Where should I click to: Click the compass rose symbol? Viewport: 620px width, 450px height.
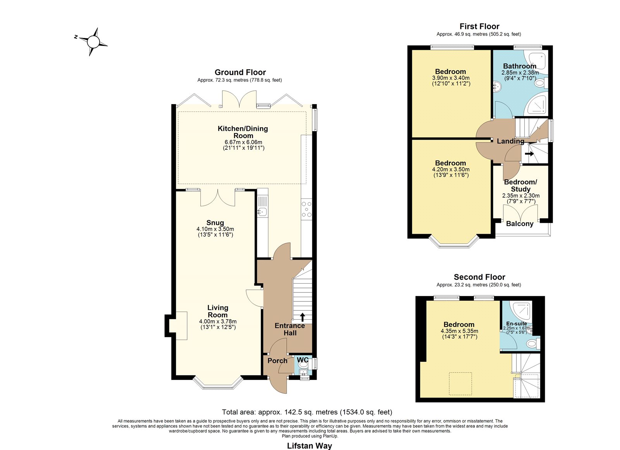[93, 42]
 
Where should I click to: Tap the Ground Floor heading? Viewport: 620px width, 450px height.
[240, 72]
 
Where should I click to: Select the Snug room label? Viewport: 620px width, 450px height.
[215, 223]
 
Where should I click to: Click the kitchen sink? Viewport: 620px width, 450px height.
[262, 212]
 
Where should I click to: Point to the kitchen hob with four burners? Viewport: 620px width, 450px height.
[307, 209]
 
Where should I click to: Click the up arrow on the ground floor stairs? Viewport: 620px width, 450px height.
[303, 317]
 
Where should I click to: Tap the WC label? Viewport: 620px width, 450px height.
[303, 360]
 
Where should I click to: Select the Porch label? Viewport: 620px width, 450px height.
[277, 361]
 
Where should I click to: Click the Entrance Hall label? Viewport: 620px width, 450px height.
[290, 329]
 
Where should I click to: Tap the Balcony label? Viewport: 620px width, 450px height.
[520, 224]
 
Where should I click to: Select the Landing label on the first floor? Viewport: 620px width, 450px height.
[510, 141]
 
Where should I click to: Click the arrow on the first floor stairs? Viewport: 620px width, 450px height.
[529, 154]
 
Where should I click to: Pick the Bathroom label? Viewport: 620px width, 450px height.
[520, 66]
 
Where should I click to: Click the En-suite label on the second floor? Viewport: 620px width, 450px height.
[517, 323]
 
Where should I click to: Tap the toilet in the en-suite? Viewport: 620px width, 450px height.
[533, 344]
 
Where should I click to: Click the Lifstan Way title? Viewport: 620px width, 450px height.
[310, 446]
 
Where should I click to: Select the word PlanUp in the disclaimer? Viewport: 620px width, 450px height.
[331, 436]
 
